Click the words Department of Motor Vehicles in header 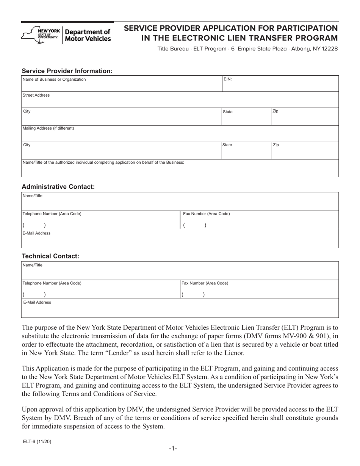88,35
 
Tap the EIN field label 228,79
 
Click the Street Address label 36,95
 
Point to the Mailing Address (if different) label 49,128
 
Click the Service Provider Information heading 67,71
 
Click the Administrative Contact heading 58,187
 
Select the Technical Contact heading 50,256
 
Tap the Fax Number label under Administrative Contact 206,214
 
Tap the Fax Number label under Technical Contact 205,283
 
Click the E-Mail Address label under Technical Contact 37,303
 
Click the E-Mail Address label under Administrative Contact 37,233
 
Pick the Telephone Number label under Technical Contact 52,283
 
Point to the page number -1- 173,449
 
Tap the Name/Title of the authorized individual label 103,163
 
